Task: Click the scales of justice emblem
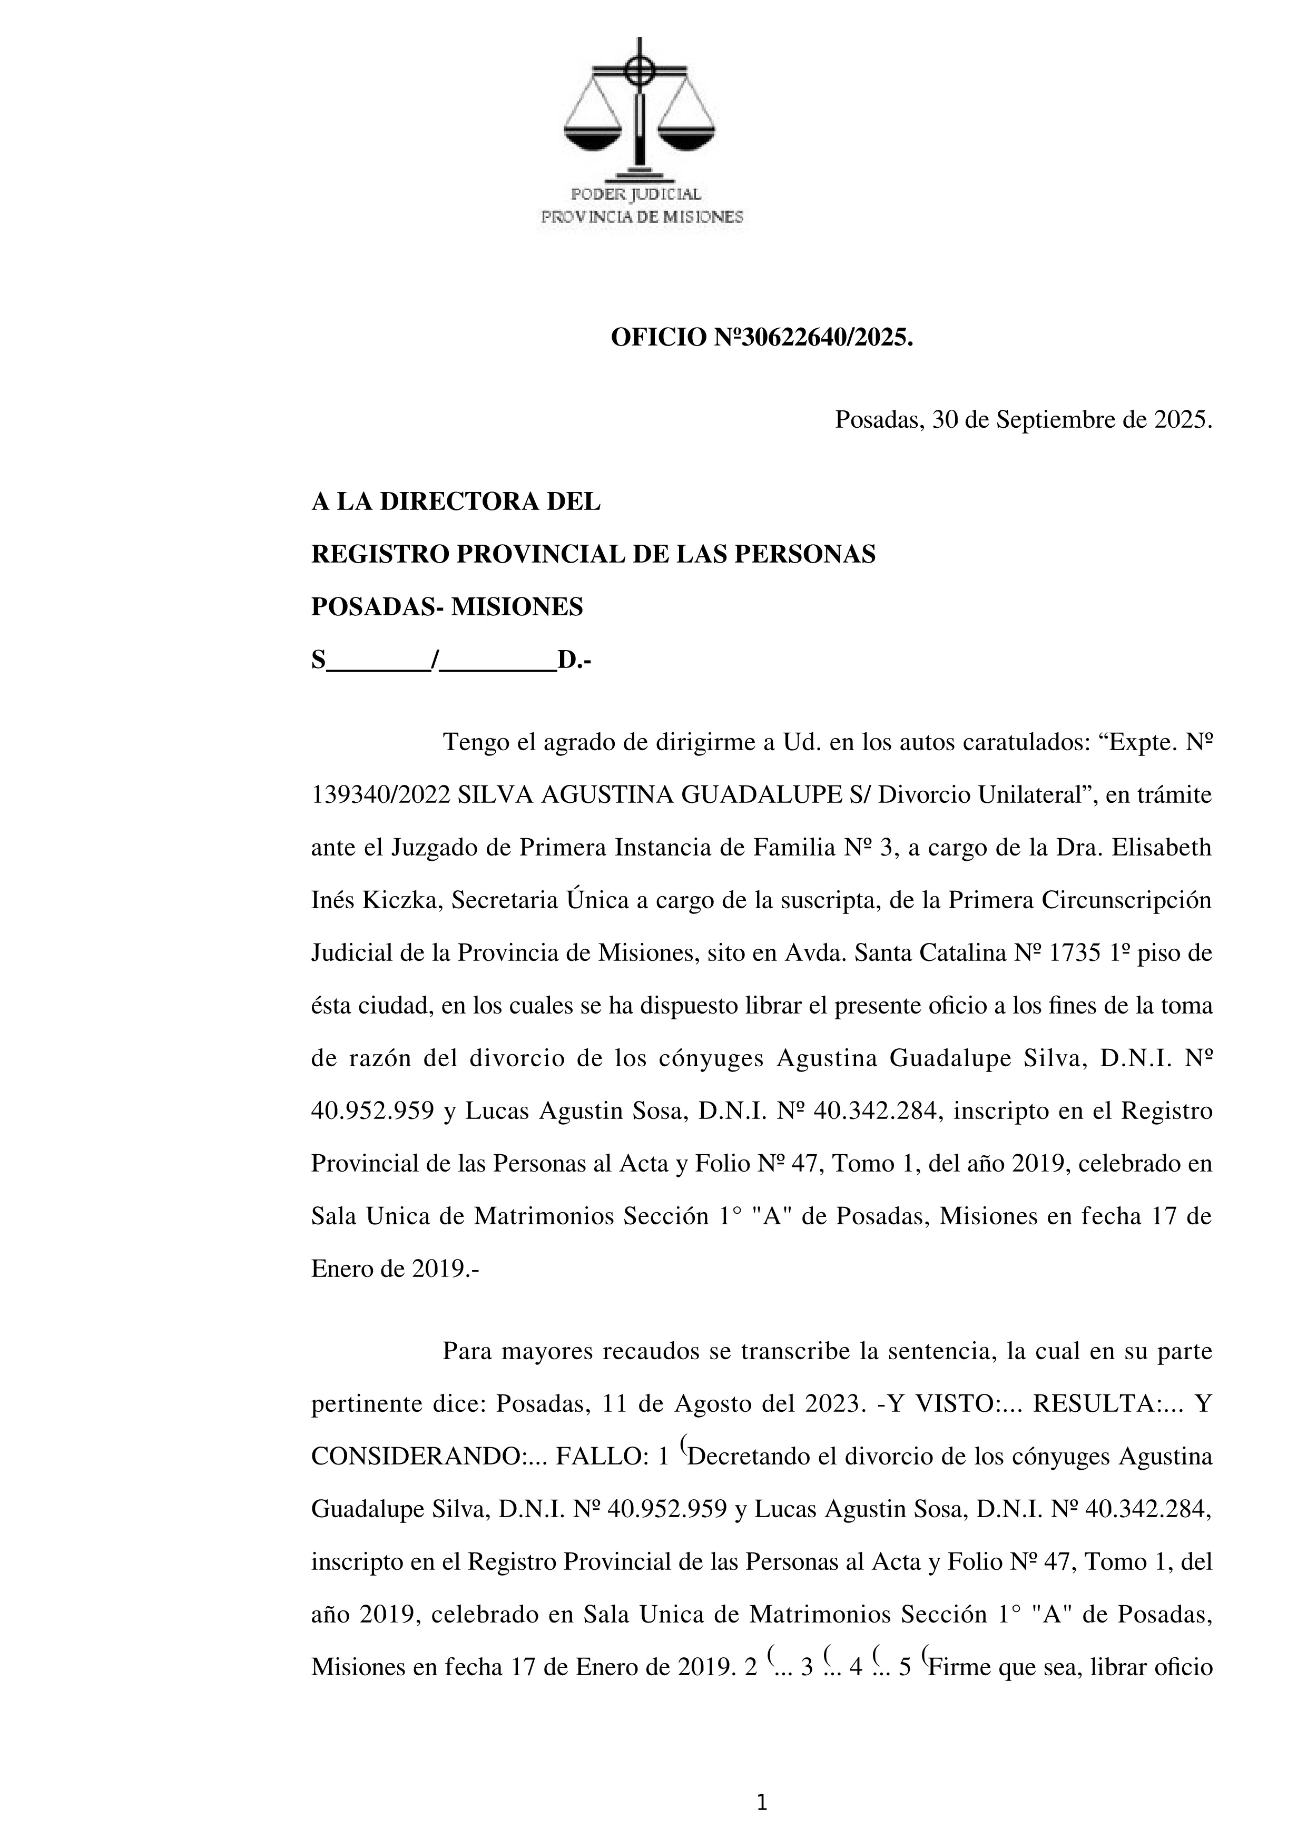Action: pyautogui.click(x=640, y=109)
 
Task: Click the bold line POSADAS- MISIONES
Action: pyautogui.click(x=447, y=607)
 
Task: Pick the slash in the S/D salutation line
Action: pyautogui.click(x=435, y=661)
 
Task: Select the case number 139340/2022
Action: pyautogui.click(x=381, y=795)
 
